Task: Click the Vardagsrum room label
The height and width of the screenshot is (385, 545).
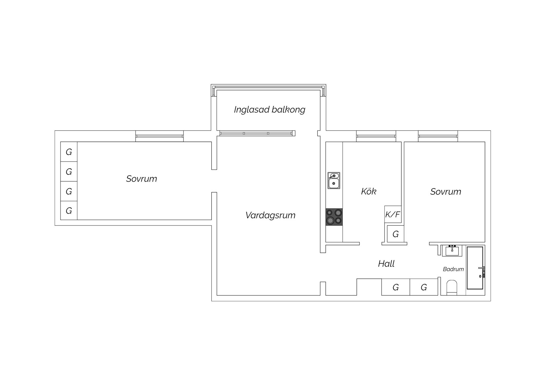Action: coord(270,215)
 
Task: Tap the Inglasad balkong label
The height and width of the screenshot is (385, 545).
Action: coord(270,110)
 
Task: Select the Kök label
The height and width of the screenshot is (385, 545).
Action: coord(369,191)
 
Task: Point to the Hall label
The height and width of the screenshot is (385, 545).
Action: coord(386,264)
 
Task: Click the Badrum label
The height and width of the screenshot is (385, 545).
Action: coord(453,269)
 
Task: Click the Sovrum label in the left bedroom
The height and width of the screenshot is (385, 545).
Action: coord(142,179)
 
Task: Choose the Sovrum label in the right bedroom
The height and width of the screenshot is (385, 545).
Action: coord(446,192)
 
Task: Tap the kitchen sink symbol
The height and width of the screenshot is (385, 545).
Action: coord(334,181)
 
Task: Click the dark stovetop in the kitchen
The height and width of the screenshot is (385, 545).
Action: coord(334,217)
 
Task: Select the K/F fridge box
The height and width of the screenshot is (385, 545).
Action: coord(393,214)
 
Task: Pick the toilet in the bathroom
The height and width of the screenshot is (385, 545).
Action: coord(452,287)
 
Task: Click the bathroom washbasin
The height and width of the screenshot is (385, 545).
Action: coord(452,250)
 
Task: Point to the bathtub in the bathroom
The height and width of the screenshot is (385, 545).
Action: coord(475,268)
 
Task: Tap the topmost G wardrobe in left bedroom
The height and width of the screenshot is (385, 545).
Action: coord(69,152)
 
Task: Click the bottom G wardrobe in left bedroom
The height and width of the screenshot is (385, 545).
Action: coord(69,211)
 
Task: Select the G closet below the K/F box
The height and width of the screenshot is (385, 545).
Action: coord(395,234)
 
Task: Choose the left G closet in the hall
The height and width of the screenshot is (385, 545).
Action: coord(396,287)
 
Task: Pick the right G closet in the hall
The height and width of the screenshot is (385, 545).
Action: coord(424,287)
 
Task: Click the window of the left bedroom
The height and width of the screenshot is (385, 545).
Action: coord(159,136)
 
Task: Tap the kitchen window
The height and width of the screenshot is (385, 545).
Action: coord(376,136)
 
